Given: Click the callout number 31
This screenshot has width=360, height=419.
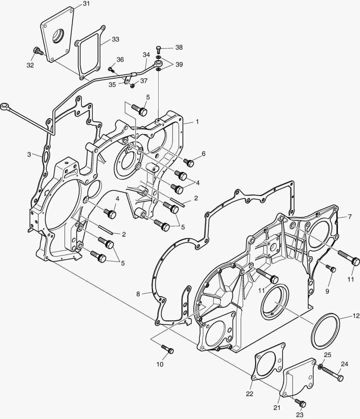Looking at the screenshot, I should click(86, 4).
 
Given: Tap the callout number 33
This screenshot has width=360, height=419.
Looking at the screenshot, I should click(115, 39).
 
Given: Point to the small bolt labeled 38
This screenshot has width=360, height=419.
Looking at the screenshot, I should click(158, 48).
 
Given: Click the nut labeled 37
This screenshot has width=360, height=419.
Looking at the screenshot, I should click(133, 85).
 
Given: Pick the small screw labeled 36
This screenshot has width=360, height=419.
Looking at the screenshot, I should click(110, 69).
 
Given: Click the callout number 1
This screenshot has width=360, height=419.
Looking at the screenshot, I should click(197, 121).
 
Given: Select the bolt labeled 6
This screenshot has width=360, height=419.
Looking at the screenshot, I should click(189, 163).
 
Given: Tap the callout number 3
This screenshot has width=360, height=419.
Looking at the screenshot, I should click(29, 154).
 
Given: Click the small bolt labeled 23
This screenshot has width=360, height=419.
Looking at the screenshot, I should click(301, 403).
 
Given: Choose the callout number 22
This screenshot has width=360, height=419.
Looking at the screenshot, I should click(250, 394).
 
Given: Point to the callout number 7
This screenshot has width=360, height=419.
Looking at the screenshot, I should click(350, 216).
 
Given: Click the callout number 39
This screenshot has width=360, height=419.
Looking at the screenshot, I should click(179, 64).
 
